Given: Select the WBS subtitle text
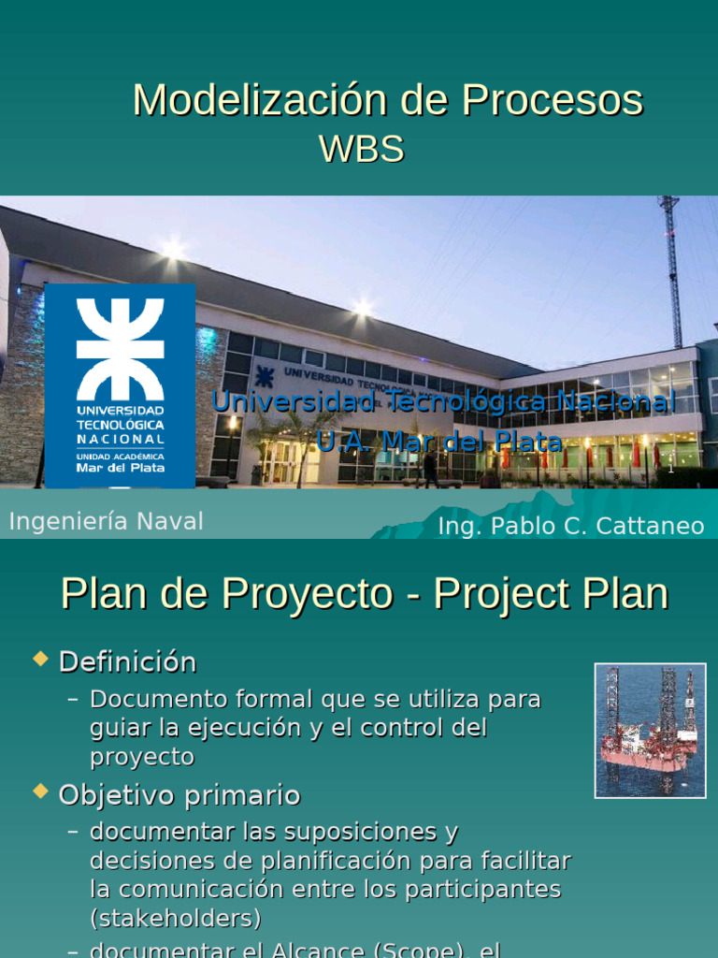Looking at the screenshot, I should point(361,150).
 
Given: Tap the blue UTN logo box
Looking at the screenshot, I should point(120,385).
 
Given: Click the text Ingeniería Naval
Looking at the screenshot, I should point(106,522).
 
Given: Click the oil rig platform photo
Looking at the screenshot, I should point(650,730).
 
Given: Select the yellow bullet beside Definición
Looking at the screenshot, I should point(40,660).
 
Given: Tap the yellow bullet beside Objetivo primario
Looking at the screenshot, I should point(40,792).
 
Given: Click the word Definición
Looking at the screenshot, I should point(127,662).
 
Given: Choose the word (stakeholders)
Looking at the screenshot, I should point(175,917).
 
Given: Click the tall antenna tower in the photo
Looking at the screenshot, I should point(671,271).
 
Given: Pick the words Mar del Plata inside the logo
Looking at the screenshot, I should point(120,467).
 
